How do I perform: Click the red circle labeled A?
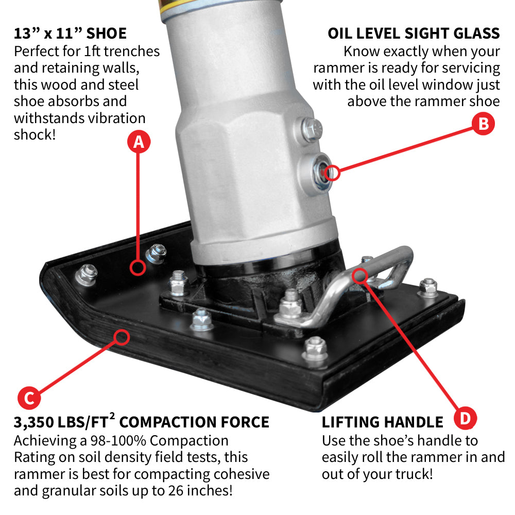point(139,142)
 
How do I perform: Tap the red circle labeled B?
point(483,124)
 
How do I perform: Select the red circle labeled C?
point(29,398)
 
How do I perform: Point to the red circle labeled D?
point(465,418)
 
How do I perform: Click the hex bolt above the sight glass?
point(312,129)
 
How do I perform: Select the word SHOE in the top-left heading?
point(107,33)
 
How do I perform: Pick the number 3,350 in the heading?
point(34,423)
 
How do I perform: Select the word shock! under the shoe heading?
point(35,134)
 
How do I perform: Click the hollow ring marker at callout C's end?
point(122,337)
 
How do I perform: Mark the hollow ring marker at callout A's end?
point(138,267)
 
